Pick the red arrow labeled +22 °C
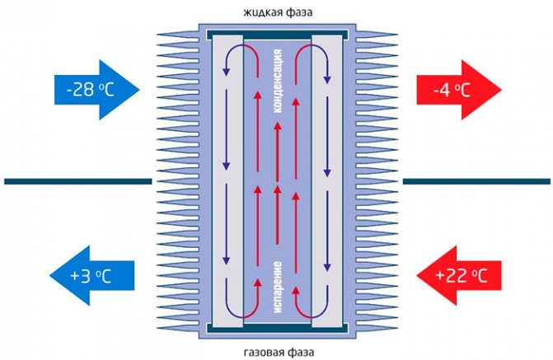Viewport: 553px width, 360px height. [457, 275]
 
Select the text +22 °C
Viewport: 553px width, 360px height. [464, 275]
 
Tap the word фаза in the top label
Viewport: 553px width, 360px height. [299, 13]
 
